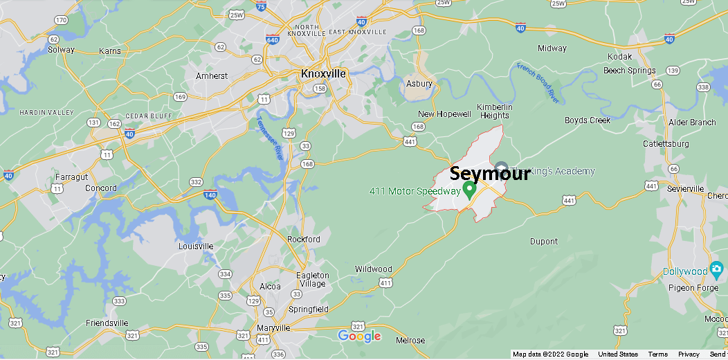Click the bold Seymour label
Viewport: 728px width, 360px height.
pos(490,174)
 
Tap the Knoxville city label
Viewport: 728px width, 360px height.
pos(323,73)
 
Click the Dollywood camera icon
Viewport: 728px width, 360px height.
pos(716,268)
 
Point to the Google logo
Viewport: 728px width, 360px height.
pos(359,336)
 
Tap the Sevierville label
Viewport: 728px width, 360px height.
pos(685,188)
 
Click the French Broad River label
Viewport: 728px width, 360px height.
pos(538,82)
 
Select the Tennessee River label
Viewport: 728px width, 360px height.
pos(270,138)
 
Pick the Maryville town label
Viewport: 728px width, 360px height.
pos(273,327)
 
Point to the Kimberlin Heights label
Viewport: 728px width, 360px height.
pos(494,111)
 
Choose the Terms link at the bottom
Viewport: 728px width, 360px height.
pos(657,354)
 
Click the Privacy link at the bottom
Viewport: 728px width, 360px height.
pos(689,354)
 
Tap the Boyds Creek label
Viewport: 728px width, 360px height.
pos(588,120)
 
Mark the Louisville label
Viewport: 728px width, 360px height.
pos(196,246)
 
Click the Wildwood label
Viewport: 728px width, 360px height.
pos(373,269)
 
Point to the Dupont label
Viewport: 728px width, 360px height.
pos(543,242)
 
